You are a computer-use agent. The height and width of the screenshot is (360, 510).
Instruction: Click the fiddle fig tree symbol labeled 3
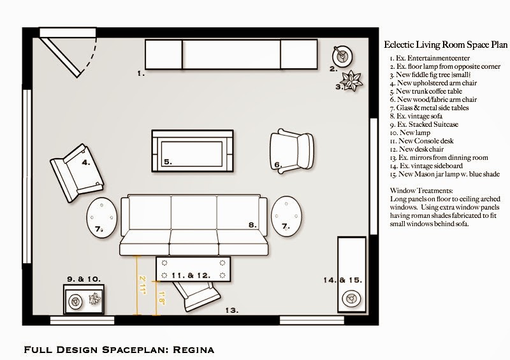[351, 81]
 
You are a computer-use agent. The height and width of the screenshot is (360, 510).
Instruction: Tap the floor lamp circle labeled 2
[342, 57]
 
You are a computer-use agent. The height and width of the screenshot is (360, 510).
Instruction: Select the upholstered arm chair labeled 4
[76, 173]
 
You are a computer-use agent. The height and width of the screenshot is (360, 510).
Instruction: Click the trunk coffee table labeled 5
[193, 151]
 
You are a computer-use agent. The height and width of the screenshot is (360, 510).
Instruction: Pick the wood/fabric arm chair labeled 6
[291, 151]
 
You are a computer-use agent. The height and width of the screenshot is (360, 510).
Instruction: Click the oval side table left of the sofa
[102, 217]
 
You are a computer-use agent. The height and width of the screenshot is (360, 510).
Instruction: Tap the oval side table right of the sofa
[286, 216]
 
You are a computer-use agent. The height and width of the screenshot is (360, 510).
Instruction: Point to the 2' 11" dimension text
[143, 285]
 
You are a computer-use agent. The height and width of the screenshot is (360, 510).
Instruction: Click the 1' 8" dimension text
[162, 298]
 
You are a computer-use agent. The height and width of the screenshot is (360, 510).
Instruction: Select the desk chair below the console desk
[197, 296]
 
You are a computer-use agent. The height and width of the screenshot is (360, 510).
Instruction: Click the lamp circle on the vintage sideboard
[351, 298]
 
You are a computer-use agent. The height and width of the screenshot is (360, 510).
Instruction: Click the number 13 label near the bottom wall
[232, 310]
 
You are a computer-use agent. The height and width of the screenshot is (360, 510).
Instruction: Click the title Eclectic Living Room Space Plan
[446, 45]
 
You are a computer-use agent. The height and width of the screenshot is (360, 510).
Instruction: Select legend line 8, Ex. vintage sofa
[416, 116]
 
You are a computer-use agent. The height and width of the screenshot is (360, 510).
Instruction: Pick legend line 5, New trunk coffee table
[426, 91]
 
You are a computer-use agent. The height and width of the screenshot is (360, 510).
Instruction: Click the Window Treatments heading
[421, 191]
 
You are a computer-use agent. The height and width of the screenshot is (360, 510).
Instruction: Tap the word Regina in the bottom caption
[194, 350]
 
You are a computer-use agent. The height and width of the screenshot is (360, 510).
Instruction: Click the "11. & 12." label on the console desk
[191, 275]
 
